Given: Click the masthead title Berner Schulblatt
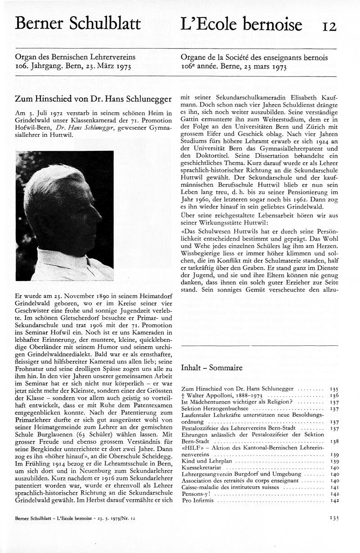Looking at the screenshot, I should click(78, 23).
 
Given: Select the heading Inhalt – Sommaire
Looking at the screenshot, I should click(211, 368).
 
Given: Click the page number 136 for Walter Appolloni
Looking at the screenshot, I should click(334, 395).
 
